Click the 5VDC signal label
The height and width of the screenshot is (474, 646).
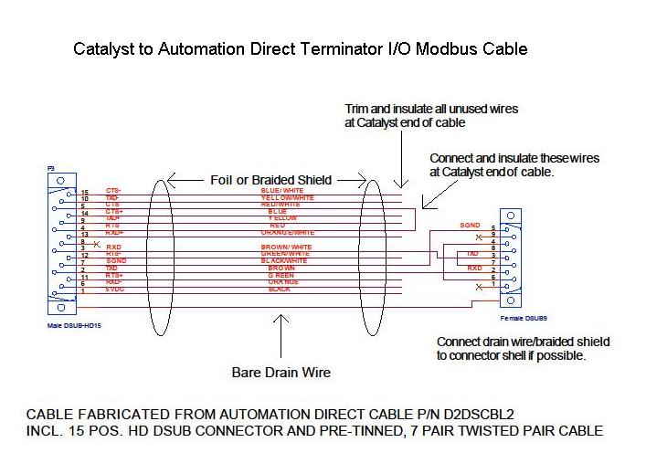pyautogui.click(x=116, y=289)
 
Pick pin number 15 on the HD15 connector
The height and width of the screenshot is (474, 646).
pyautogui.click(x=85, y=191)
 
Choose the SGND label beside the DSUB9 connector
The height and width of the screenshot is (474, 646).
pyautogui.click(x=470, y=225)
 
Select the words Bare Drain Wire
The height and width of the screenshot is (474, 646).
pyautogui.click(x=281, y=372)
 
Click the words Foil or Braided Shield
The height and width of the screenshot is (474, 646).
pyautogui.click(x=271, y=179)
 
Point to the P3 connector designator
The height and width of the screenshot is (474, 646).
pyautogui.click(x=51, y=169)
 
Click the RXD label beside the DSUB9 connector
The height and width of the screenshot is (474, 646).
pyautogui.click(x=474, y=269)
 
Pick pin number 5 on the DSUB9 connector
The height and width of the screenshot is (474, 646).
pyautogui.click(x=493, y=227)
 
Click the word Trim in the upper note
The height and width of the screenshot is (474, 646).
pyautogui.click(x=358, y=109)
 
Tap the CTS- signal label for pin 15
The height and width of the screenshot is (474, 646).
pyautogui.click(x=114, y=191)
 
